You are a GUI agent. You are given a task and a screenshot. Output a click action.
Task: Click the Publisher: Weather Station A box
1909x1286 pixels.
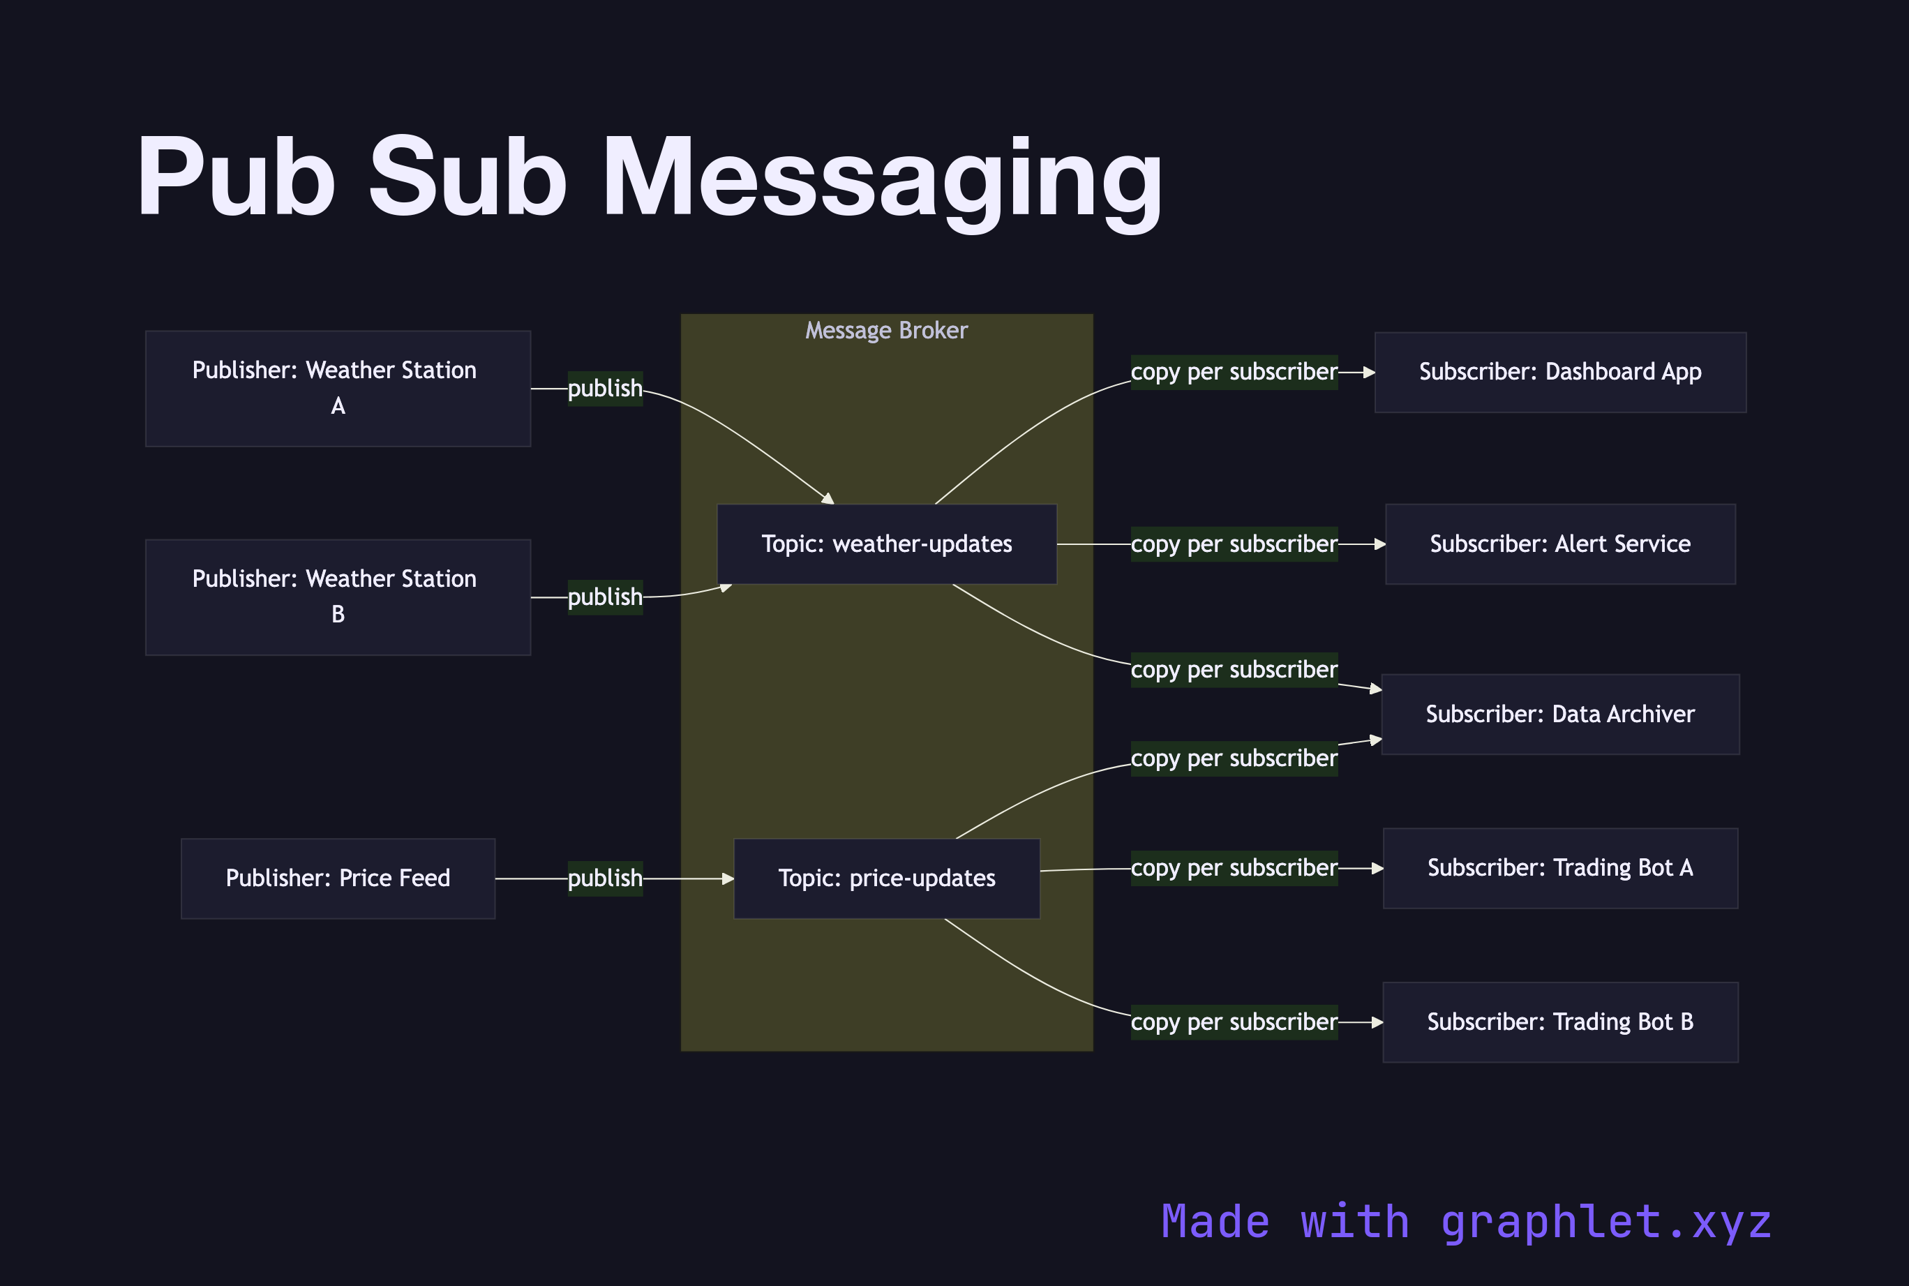[338, 388]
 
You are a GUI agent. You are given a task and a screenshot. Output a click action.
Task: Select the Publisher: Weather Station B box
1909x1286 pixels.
[338, 597]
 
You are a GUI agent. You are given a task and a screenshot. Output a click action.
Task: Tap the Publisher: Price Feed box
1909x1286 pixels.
[338, 878]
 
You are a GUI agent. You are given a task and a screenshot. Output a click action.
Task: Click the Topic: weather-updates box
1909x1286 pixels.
[886, 544]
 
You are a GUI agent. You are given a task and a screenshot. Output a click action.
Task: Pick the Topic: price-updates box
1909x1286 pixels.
[886, 878]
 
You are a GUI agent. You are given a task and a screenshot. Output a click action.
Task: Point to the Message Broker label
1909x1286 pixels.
[886, 331]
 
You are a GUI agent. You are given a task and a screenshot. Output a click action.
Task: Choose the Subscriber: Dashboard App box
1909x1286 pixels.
[1559, 373]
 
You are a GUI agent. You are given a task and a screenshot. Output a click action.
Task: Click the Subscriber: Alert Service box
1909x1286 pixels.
[1559, 544]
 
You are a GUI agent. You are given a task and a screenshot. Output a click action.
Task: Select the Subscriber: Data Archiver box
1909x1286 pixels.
[1559, 715]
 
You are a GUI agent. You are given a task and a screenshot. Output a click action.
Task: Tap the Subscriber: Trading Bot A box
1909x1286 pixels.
[1559, 868]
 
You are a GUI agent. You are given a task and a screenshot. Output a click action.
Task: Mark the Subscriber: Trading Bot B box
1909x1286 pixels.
[1559, 1022]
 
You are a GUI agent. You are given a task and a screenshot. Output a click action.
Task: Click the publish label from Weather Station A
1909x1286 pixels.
[605, 389]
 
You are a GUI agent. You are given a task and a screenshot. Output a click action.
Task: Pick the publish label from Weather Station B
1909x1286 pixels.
[605, 597]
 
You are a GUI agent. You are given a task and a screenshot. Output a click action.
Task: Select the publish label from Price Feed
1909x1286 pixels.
[605, 878]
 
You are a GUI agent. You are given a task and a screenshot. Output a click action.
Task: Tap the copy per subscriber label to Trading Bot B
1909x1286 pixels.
[1234, 1022]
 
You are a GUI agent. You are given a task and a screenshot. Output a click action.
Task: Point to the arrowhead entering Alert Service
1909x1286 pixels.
[1380, 544]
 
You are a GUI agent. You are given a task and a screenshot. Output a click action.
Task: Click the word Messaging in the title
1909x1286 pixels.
[883, 178]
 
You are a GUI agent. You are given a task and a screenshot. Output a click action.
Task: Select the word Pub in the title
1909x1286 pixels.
[236, 178]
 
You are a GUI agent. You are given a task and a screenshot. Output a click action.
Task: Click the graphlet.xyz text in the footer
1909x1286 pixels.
[1605, 1222]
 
